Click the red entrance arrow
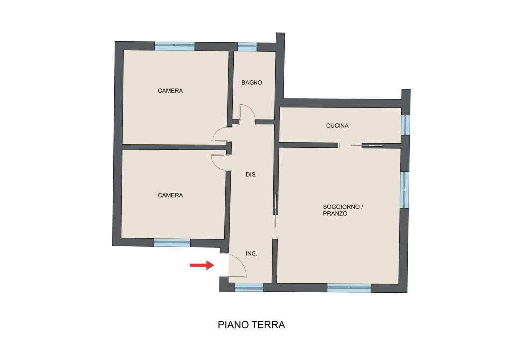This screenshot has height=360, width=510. (x=202, y=265)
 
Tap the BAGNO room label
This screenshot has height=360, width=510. (x=252, y=83)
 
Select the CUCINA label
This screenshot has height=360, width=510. (x=337, y=126)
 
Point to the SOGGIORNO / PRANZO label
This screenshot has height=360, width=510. (x=343, y=210)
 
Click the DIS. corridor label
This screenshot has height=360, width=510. (x=251, y=175)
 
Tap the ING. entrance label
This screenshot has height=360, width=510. (x=251, y=253)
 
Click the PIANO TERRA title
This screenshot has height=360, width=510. (x=252, y=325)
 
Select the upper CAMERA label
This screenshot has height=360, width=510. (x=170, y=91)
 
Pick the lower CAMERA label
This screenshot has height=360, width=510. (x=170, y=195)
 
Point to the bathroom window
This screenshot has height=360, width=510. (x=247, y=47)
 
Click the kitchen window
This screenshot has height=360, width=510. (x=405, y=124)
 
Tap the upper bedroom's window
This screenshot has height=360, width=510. (x=175, y=46)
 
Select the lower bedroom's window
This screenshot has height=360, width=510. (x=172, y=242)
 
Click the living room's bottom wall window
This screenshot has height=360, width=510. (x=349, y=288)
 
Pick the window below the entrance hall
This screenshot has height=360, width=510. (x=249, y=287)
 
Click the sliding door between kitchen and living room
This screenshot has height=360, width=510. (x=367, y=145)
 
